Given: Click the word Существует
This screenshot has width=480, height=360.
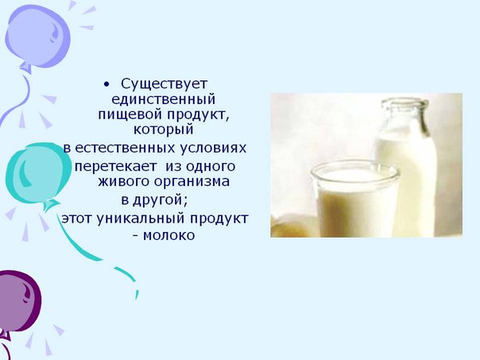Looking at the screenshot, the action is pyautogui.click(x=164, y=84).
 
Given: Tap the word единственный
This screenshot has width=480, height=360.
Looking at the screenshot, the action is pyautogui.click(x=163, y=99).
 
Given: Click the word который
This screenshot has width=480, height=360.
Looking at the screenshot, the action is pyautogui.click(x=164, y=130).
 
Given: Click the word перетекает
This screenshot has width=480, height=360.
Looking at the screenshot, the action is pyautogui.click(x=115, y=167).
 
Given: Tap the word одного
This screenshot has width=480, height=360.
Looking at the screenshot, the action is pyautogui.click(x=211, y=166).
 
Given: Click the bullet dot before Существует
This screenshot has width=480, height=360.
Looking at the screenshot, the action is pyautogui.click(x=106, y=84).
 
